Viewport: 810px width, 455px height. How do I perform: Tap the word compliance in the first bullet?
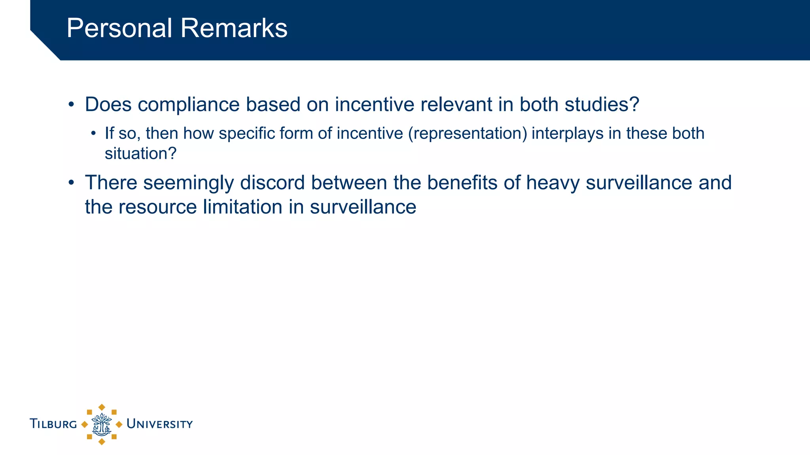point(189,105)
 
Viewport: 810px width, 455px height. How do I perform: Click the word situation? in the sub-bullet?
point(140,154)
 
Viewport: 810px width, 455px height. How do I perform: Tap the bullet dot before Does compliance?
point(71,105)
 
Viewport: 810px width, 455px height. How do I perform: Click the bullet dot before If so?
point(93,133)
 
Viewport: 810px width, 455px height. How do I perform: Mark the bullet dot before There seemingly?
point(71,183)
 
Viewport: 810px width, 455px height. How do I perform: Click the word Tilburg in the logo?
point(53,424)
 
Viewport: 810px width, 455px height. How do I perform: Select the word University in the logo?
point(159,424)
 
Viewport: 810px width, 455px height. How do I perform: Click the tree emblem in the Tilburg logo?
point(102,425)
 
